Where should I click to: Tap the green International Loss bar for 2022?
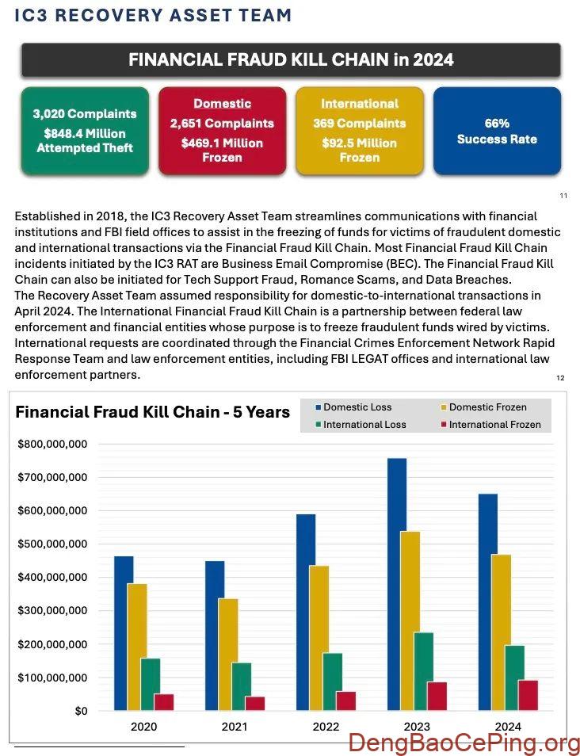(x=332, y=682)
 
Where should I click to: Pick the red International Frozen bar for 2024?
(x=528, y=695)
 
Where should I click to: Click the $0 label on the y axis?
(x=81, y=711)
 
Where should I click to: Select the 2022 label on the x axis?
(x=326, y=727)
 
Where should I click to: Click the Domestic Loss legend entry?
(x=357, y=407)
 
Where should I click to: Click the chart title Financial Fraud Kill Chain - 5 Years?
(x=153, y=412)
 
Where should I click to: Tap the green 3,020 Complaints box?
(x=85, y=131)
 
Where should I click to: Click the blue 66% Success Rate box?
(x=497, y=131)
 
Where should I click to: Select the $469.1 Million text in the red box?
(x=222, y=143)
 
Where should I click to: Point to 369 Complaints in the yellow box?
(x=359, y=124)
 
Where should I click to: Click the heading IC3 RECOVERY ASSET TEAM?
(x=153, y=15)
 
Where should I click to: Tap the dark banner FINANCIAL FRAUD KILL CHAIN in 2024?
(x=291, y=60)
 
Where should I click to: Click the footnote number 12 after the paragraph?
(x=560, y=378)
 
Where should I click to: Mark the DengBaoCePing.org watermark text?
(x=464, y=743)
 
